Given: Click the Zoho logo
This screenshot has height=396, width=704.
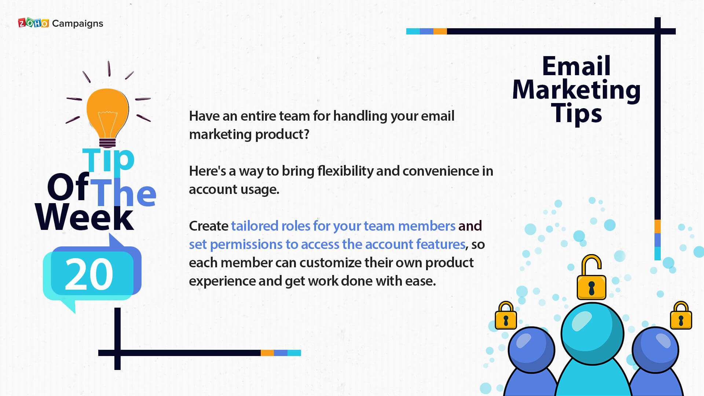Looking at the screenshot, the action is pos(33,23).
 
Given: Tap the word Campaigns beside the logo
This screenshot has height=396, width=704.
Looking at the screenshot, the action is pos(78,24).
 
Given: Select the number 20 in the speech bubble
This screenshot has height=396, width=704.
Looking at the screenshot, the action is pos(89,274).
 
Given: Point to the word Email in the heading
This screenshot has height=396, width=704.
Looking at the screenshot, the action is pos(576,66).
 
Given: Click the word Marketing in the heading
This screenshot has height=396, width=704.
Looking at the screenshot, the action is pos(576,90).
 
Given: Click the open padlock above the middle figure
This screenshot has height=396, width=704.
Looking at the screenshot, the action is pos(591,277).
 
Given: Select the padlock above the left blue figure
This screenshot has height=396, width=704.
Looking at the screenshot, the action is pos(506,316).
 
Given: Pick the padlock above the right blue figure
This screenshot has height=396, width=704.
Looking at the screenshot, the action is pos(681,316).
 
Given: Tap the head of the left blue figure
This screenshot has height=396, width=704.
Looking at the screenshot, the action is pos(531,350).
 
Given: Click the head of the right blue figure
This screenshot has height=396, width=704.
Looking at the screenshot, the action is pos(655,350).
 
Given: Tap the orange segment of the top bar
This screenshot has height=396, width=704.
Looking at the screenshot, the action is pos(440,31).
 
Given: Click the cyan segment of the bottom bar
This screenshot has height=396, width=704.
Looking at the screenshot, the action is pos(294,353).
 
